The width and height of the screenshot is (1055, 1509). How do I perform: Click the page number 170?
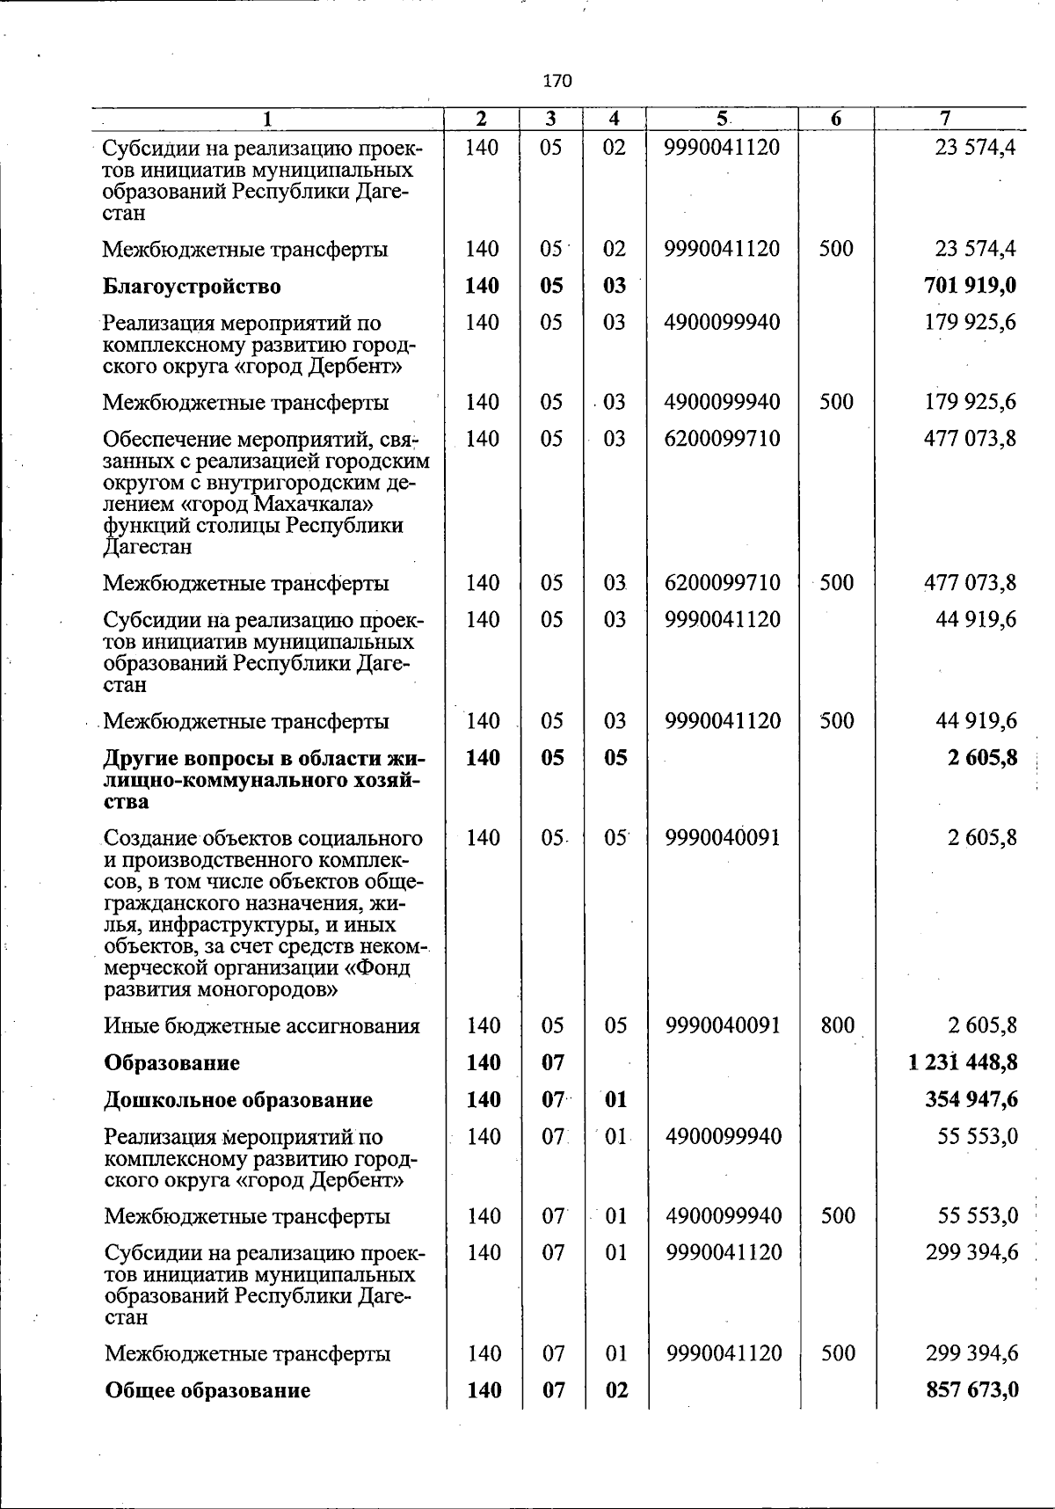point(557,81)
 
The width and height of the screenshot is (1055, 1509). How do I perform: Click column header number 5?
point(721,119)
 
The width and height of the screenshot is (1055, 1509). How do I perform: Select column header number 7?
point(945,119)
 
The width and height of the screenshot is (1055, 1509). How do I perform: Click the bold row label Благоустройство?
point(192,287)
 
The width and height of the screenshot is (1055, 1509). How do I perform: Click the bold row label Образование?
point(171,1063)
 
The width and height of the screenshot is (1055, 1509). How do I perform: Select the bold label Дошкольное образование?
point(237,1100)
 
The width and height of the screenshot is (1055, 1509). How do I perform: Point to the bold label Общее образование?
point(207,1390)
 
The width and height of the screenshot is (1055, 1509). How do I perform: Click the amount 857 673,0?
point(971,1389)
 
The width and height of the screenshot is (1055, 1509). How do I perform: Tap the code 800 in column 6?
point(836,1024)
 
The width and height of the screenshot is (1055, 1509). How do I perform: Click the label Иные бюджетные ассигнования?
point(262,1026)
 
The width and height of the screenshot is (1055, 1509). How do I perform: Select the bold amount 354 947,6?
point(971,1099)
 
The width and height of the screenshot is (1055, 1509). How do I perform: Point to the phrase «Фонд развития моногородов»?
point(264,979)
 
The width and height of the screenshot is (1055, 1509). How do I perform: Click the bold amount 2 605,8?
point(982,757)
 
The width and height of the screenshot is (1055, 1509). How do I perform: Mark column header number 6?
point(835,119)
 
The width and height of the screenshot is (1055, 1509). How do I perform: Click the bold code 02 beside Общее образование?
point(616,1390)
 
